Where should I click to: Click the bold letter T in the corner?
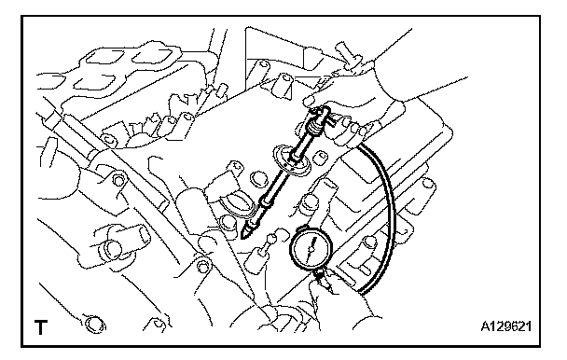[40, 327]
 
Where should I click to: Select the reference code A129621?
[505, 326]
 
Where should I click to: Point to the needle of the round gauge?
[311, 248]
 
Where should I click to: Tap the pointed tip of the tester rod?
[242, 239]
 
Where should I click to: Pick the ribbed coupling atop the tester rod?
[314, 127]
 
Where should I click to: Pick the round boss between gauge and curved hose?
[369, 242]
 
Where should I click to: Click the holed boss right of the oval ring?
[320, 157]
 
